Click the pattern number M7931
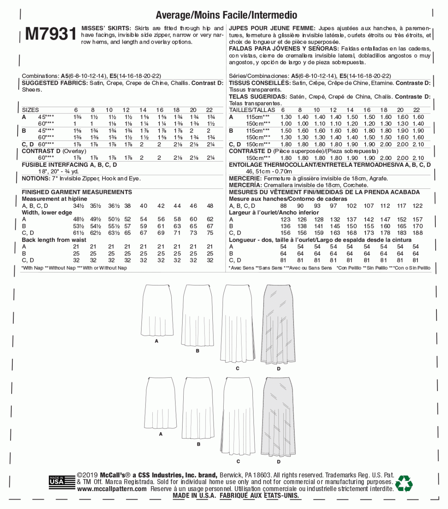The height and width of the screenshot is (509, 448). [x=51, y=34]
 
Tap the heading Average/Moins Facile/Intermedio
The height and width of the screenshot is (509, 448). [x=226, y=15]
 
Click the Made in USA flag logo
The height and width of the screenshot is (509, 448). [x=57, y=481]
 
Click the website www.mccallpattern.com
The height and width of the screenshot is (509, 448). [x=112, y=489]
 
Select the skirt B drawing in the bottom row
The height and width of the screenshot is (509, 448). [x=198, y=408]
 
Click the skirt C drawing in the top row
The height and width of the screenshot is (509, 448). [x=237, y=323]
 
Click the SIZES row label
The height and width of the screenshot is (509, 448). [x=30, y=110]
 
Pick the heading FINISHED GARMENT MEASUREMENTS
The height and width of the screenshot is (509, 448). [x=77, y=192]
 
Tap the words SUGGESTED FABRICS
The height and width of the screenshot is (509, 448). [x=55, y=83]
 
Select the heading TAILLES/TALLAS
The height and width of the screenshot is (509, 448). [x=252, y=110]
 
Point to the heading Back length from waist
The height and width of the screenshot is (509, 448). [x=54, y=240]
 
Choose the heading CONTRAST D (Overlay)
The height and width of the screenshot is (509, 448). [x=54, y=151]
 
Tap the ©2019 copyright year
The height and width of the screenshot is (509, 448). [x=87, y=475]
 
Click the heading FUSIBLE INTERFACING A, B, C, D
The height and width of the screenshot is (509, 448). [x=69, y=165]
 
